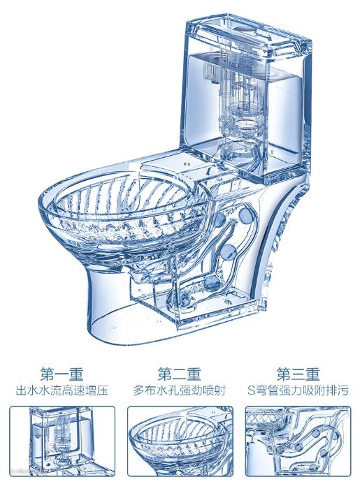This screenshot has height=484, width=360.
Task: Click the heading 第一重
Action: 62,374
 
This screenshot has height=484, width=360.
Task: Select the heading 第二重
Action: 179,374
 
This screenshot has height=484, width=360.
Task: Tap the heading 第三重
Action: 298,374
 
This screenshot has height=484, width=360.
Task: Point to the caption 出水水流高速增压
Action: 62,390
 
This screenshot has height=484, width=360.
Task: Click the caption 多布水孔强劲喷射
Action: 180,390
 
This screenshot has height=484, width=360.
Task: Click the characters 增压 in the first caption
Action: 96,390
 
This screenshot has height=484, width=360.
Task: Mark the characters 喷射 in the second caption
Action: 215,390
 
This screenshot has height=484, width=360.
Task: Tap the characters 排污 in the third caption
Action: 337,390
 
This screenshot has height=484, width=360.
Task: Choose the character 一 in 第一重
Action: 62,374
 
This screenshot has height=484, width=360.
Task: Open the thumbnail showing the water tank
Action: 62,441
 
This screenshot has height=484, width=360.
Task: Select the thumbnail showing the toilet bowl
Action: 180,441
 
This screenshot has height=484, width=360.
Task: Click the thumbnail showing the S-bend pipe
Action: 298,441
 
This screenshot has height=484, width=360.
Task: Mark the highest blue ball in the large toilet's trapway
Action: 245,214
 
